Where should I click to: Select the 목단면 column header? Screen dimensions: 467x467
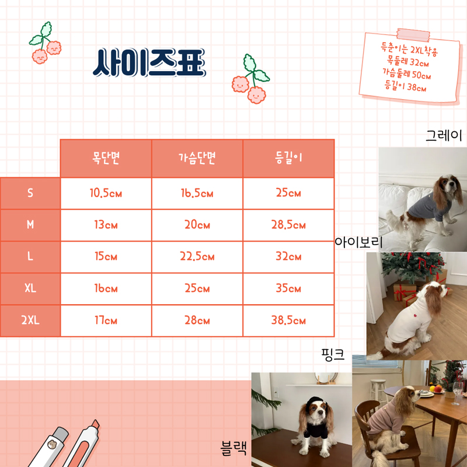point(106,158)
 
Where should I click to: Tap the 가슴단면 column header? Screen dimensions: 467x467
point(197,158)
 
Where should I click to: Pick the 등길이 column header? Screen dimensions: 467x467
point(288,158)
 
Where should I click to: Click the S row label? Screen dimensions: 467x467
point(30,193)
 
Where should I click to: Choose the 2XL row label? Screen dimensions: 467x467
point(30,320)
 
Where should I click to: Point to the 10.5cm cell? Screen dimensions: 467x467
point(106,193)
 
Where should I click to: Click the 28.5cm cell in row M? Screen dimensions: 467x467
point(288,225)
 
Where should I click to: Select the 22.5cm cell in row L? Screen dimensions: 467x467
point(197,257)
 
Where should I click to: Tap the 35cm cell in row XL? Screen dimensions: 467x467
point(288,289)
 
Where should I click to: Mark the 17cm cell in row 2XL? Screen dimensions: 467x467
point(106,320)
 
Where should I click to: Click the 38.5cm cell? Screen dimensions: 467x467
point(288,320)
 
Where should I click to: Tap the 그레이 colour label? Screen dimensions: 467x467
point(444,137)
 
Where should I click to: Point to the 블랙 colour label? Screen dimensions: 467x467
point(233,448)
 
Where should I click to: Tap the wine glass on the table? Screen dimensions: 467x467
point(456,392)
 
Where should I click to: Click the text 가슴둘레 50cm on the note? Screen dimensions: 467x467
point(406,74)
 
